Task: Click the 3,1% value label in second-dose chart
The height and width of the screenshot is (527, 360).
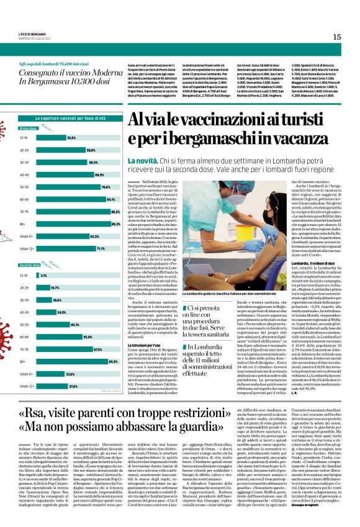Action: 43,275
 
